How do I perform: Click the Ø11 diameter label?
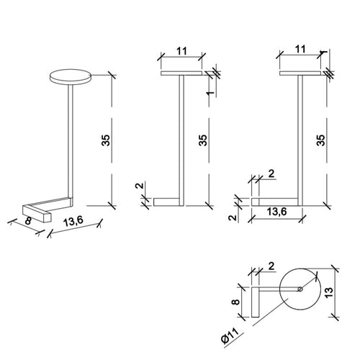230,336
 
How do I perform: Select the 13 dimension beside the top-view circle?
330,292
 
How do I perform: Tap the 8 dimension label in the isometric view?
28,221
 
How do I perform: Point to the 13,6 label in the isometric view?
73,222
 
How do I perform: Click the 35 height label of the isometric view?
106,140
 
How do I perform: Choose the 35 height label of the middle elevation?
203,140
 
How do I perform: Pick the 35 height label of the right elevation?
321,140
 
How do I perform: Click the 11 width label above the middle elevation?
181,51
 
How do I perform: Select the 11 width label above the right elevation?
300,49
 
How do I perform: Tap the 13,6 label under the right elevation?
276,212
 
